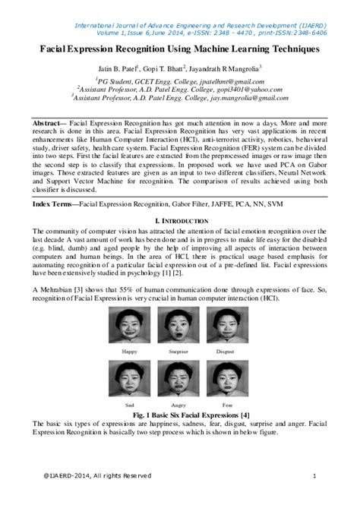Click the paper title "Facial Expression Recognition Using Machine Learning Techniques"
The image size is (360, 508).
tap(180, 48)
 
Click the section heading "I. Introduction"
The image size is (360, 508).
tap(180, 219)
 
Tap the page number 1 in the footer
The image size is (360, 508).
tap(314, 475)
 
